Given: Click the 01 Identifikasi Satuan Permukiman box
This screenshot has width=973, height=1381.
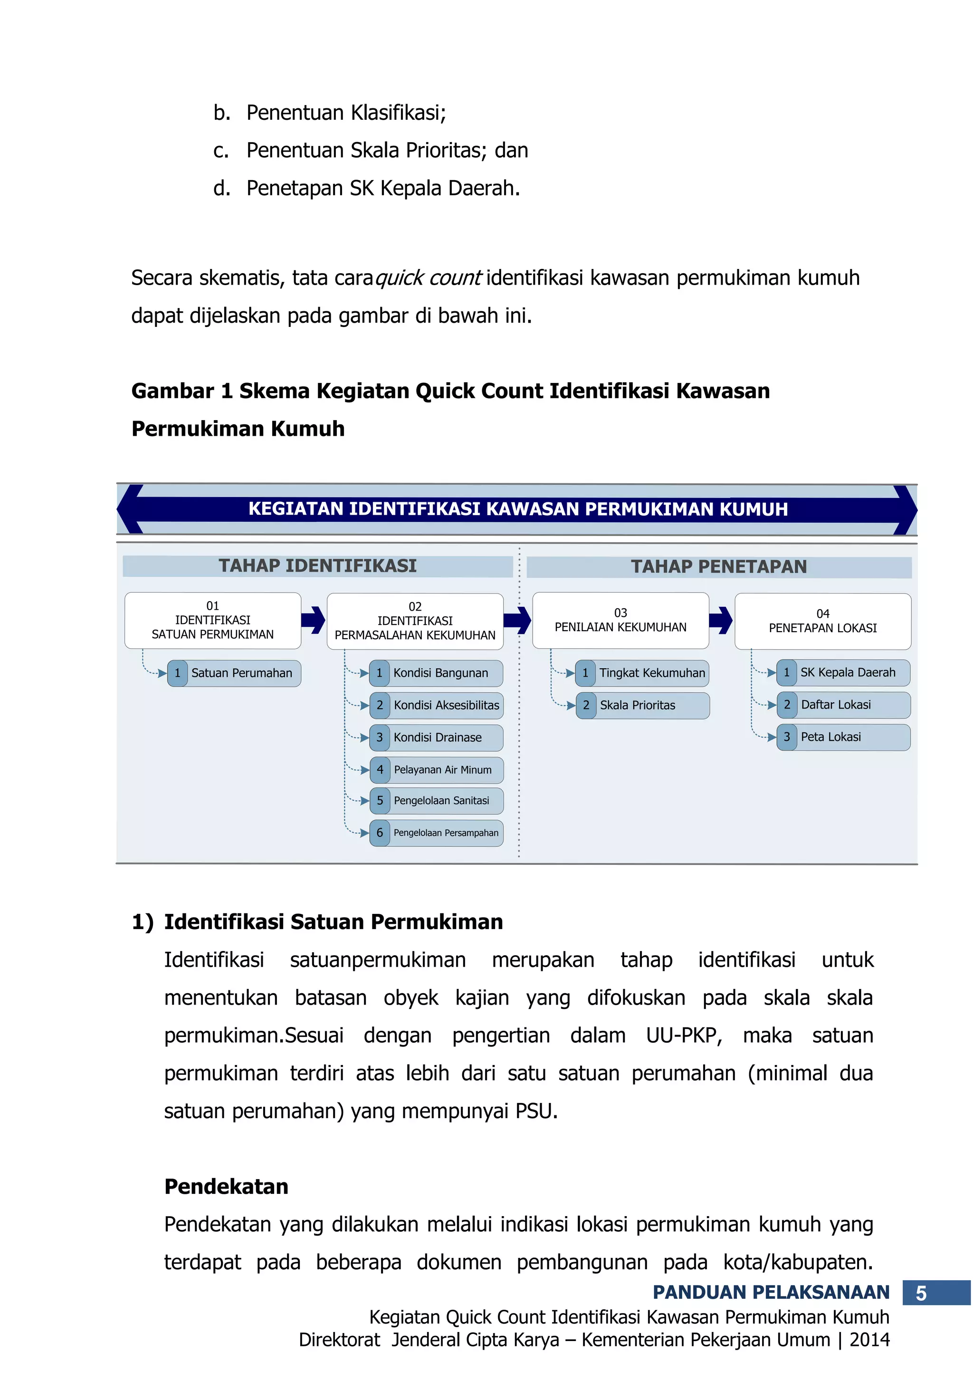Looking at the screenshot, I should click(212, 620).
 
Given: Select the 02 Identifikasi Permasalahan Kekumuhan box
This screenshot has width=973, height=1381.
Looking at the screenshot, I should click(415, 621).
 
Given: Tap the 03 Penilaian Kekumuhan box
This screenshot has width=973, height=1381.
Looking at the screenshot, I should click(620, 620).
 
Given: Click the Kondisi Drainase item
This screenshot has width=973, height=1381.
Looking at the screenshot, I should click(437, 738).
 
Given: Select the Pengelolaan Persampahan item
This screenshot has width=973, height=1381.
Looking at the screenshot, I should click(446, 833).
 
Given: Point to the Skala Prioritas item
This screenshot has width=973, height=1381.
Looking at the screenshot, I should click(638, 706).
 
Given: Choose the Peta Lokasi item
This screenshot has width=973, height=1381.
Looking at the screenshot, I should click(830, 737).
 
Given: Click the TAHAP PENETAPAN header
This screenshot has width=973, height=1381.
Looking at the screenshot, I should click(719, 566).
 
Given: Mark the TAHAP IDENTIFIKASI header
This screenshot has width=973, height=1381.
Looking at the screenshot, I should click(317, 566).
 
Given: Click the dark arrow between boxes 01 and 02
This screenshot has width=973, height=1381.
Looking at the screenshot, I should click(313, 620).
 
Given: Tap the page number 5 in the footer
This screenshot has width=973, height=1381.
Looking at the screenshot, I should click(921, 1294).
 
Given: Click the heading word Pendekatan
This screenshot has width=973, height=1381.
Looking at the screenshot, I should click(226, 1187).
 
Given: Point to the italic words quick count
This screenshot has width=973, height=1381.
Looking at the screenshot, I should click(428, 278).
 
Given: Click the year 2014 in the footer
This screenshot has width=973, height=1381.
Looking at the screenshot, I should click(869, 1340).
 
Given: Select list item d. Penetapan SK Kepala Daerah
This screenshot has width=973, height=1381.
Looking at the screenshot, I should click(366, 188).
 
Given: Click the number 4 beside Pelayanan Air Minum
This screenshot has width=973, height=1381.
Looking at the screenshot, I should click(380, 769).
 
